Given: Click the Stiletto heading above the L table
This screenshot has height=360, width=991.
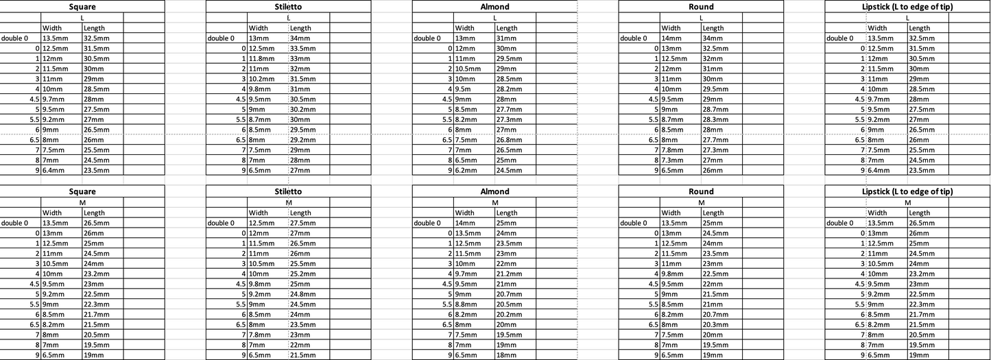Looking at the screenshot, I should [x=288, y=7].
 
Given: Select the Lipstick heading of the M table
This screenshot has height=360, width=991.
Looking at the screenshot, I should [x=907, y=192].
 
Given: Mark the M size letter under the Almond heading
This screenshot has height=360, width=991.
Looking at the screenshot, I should [x=494, y=202].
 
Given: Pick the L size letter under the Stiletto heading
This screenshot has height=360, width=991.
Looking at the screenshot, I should [x=288, y=17].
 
